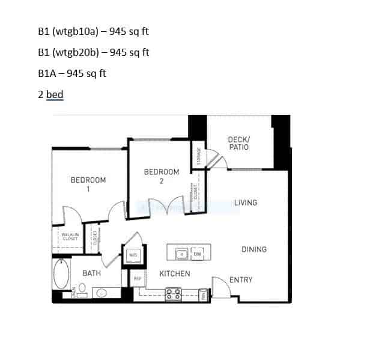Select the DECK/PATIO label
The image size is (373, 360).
[x=238, y=143]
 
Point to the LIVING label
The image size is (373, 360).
[x=246, y=203]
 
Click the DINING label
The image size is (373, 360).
[x=254, y=249]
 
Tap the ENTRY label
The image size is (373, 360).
[x=241, y=279]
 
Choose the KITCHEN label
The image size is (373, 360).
[x=175, y=274]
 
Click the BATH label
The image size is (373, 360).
[x=91, y=273]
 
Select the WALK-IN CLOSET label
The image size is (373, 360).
[x=70, y=236]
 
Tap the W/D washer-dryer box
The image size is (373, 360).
[x=133, y=255]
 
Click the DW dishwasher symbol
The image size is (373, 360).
[x=198, y=254]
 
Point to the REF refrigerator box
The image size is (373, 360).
[x=137, y=278]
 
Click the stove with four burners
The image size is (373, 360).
[x=174, y=293]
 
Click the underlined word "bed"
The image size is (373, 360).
[x=55, y=94]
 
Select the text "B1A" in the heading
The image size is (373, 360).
[x=46, y=73]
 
